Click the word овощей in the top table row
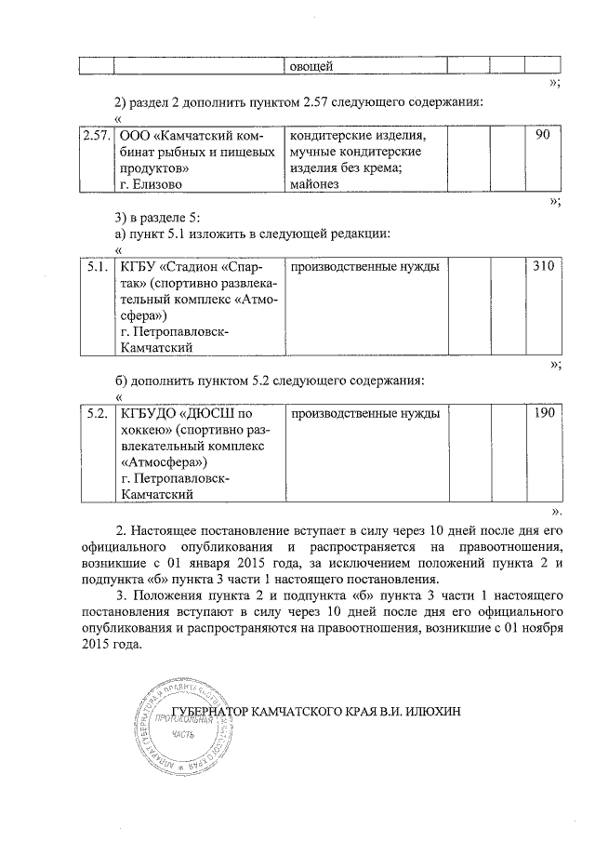tap(307, 66)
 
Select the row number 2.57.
tap(95, 136)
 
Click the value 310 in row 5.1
tap(542, 267)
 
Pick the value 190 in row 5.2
tap(542, 412)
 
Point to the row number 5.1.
tap(95, 267)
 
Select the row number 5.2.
tap(95, 412)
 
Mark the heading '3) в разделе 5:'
tap(150, 217)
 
